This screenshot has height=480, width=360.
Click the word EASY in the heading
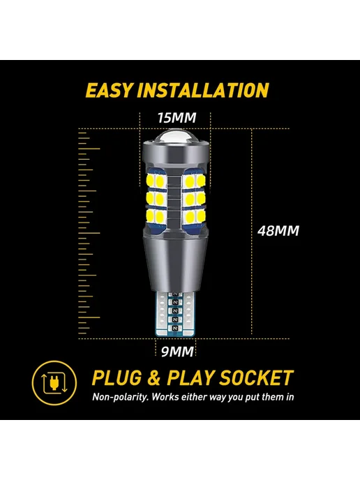pyautogui.click(x=110, y=90)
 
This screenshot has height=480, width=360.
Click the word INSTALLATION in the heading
pyautogui.click(x=203, y=90)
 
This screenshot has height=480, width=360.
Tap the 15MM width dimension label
pyautogui.click(x=177, y=117)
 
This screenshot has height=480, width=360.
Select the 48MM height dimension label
pyautogui.click(x=278, y=230)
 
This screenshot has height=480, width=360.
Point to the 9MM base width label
pyautogui.click(x=177, y=352)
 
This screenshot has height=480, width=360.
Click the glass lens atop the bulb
pyautogui.click(x=176, y=140)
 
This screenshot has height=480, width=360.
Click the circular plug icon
pyautogui.click(x=54, y=382)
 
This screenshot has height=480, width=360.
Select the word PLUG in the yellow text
pyautogui.click(x=117, y=377)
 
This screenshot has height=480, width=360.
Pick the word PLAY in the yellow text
pyautogui.click(x=190, y=377)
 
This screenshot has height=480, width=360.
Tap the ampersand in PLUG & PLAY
pyautogui.click(x=154, y=377)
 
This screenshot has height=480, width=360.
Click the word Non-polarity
pyautogui.click(x=121, y=397)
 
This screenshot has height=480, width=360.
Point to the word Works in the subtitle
pyautogui.click(x=165, y=397)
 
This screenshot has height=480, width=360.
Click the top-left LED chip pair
pyautogui.click(x=156, y=181)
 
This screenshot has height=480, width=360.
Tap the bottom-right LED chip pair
pyautogui.click(x=194, y=217)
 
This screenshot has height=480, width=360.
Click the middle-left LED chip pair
pyautogui.click(x=156, y=199)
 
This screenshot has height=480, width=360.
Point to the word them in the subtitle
pyautogui.click(x=271, y=397)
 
